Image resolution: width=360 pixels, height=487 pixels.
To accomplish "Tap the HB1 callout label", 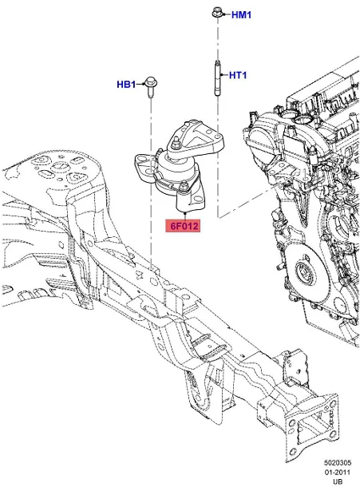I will coord(128,83).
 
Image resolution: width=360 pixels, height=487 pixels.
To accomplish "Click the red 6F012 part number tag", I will coord(183,226).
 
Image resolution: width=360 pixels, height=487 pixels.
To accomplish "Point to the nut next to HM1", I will coord(217,13).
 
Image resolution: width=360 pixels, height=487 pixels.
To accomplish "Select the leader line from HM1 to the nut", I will coord(227,14).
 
